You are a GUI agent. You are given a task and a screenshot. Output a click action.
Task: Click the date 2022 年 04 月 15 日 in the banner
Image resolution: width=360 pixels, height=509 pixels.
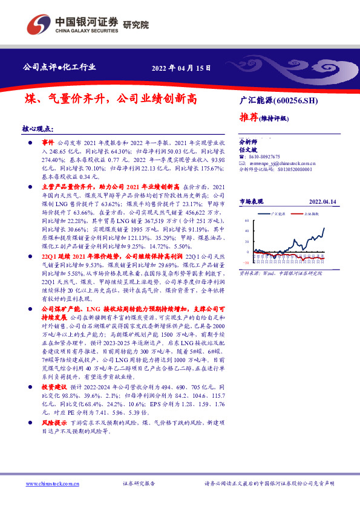click(182, 68)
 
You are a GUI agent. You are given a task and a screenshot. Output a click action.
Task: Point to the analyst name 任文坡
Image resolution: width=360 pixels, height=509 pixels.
click(249, 149)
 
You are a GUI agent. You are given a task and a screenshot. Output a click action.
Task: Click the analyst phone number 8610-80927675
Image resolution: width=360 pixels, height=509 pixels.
click(262, 156)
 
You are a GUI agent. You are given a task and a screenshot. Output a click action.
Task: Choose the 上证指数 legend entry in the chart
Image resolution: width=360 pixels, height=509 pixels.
click(311, 214)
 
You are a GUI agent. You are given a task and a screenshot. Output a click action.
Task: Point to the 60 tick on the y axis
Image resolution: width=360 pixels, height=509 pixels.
click(246, 221)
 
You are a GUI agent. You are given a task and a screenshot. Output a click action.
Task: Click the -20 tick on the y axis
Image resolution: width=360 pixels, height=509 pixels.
click(245, 263)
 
